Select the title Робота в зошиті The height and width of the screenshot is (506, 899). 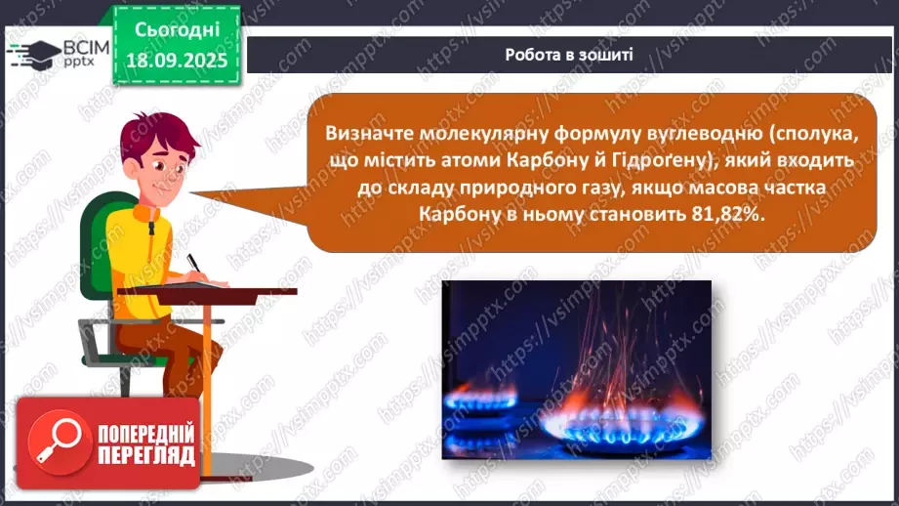pyautogui.click(x=569, y=54)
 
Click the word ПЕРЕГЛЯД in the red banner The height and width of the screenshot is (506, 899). pyautogui.click(x=145, y=456)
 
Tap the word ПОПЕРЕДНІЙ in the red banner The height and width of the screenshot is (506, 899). pyautogui.click(x=145, y=433)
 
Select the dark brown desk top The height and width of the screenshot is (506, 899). pyautogui.click(x=206, y=291)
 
